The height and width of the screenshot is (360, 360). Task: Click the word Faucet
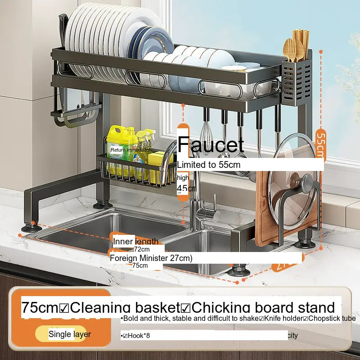pos(211,144)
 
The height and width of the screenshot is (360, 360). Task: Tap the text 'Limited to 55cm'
pos(209,165)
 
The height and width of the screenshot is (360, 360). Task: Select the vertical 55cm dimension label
pos(320,144)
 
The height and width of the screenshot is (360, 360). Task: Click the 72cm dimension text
pos(142,249)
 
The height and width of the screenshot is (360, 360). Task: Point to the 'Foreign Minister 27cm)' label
pos(151,258)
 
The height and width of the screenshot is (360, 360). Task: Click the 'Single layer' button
pos(70,334)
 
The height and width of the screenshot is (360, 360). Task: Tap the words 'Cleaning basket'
pos(125,308)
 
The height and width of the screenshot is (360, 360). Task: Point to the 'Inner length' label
pos(135,241)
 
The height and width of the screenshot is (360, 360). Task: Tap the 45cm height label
pos(183,188)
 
